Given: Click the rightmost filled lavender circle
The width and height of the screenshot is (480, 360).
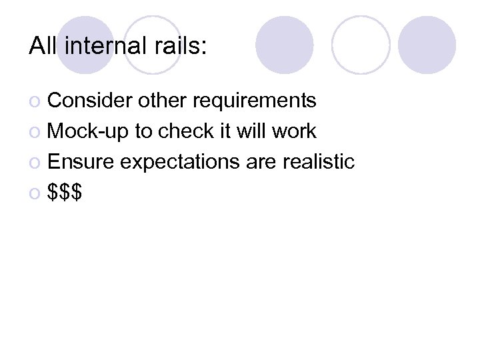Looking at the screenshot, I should coord(427,45).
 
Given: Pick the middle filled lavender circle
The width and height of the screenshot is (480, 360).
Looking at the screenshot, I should coord(285,45).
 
